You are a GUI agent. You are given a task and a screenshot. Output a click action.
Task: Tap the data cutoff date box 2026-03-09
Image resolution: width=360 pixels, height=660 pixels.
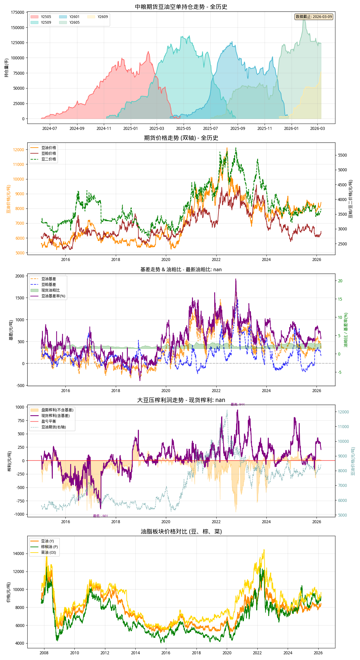click(x=314, y=17)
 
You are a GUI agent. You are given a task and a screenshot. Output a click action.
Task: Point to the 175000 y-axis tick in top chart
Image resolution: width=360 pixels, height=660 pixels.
click(x=18, y=12)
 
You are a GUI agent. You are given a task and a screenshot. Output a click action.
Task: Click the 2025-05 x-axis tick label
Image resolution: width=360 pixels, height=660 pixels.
click(x=183, y=128)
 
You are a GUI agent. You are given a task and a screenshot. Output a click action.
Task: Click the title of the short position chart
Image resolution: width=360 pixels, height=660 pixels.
click(x=181, y=7)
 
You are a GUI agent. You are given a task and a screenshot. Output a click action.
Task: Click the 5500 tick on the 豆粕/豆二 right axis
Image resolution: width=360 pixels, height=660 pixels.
click(x=343, y=155)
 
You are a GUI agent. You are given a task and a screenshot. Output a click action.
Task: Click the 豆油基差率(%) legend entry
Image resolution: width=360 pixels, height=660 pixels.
click(x=53, y=296)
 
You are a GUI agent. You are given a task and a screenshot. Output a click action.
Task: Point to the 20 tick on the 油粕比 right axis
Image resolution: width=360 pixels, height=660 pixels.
click(x=340, y=281)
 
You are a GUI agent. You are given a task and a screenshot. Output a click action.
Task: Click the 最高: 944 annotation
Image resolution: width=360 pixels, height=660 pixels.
click(x=238, y=404)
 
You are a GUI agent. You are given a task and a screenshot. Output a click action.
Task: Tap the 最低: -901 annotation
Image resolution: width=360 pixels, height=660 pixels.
click(x=100, y=516)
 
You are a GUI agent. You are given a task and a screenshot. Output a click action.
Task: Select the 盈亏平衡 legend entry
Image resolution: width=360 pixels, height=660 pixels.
click(x=49, y=421)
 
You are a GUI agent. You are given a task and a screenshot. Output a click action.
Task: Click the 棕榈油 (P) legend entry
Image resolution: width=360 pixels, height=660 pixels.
click(x=49, y=547)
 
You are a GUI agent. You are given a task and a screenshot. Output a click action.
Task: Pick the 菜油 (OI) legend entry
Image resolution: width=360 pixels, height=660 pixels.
click(x=48, y=552)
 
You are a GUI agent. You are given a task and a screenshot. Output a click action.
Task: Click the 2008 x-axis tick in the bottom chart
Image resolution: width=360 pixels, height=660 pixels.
click(x=44, y=653)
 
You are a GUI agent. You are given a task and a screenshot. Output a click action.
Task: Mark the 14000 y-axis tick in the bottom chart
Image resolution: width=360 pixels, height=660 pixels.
click(x=18, y=553)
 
